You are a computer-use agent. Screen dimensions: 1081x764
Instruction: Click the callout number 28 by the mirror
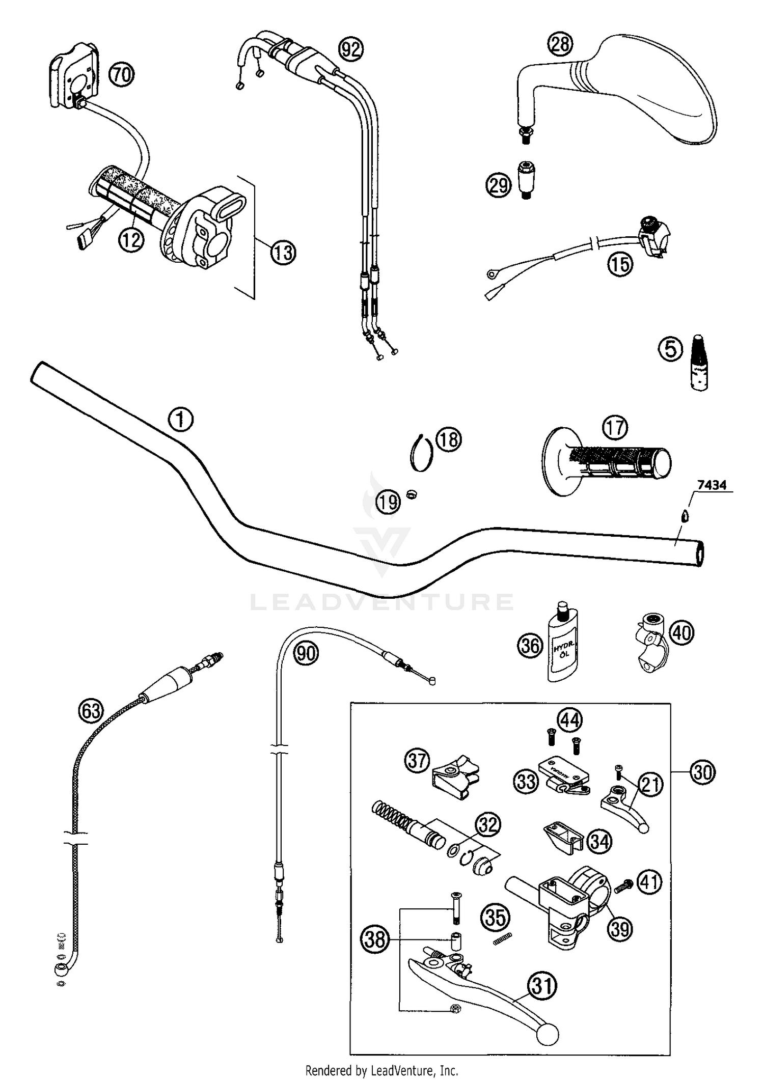pos(560,44)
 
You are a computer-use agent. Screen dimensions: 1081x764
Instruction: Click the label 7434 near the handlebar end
pos(712,485)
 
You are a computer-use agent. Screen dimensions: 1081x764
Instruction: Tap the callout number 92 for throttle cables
pos(351,49)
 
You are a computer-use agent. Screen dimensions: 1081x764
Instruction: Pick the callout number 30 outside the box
pos(703,772)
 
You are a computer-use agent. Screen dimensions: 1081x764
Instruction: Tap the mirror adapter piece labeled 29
pos(527,179)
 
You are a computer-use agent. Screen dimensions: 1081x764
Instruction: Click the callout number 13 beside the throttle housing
pos(283,253)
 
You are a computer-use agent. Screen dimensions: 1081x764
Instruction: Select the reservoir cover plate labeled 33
pos(564,774)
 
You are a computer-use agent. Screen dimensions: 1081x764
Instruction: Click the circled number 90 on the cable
pos(306,653)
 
